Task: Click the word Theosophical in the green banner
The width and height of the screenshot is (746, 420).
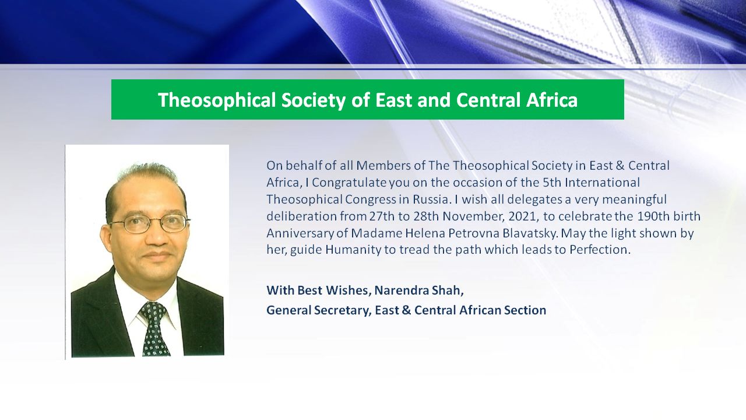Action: [x=217, y=100]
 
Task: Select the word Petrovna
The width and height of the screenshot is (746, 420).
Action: [x=474, y=233]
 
